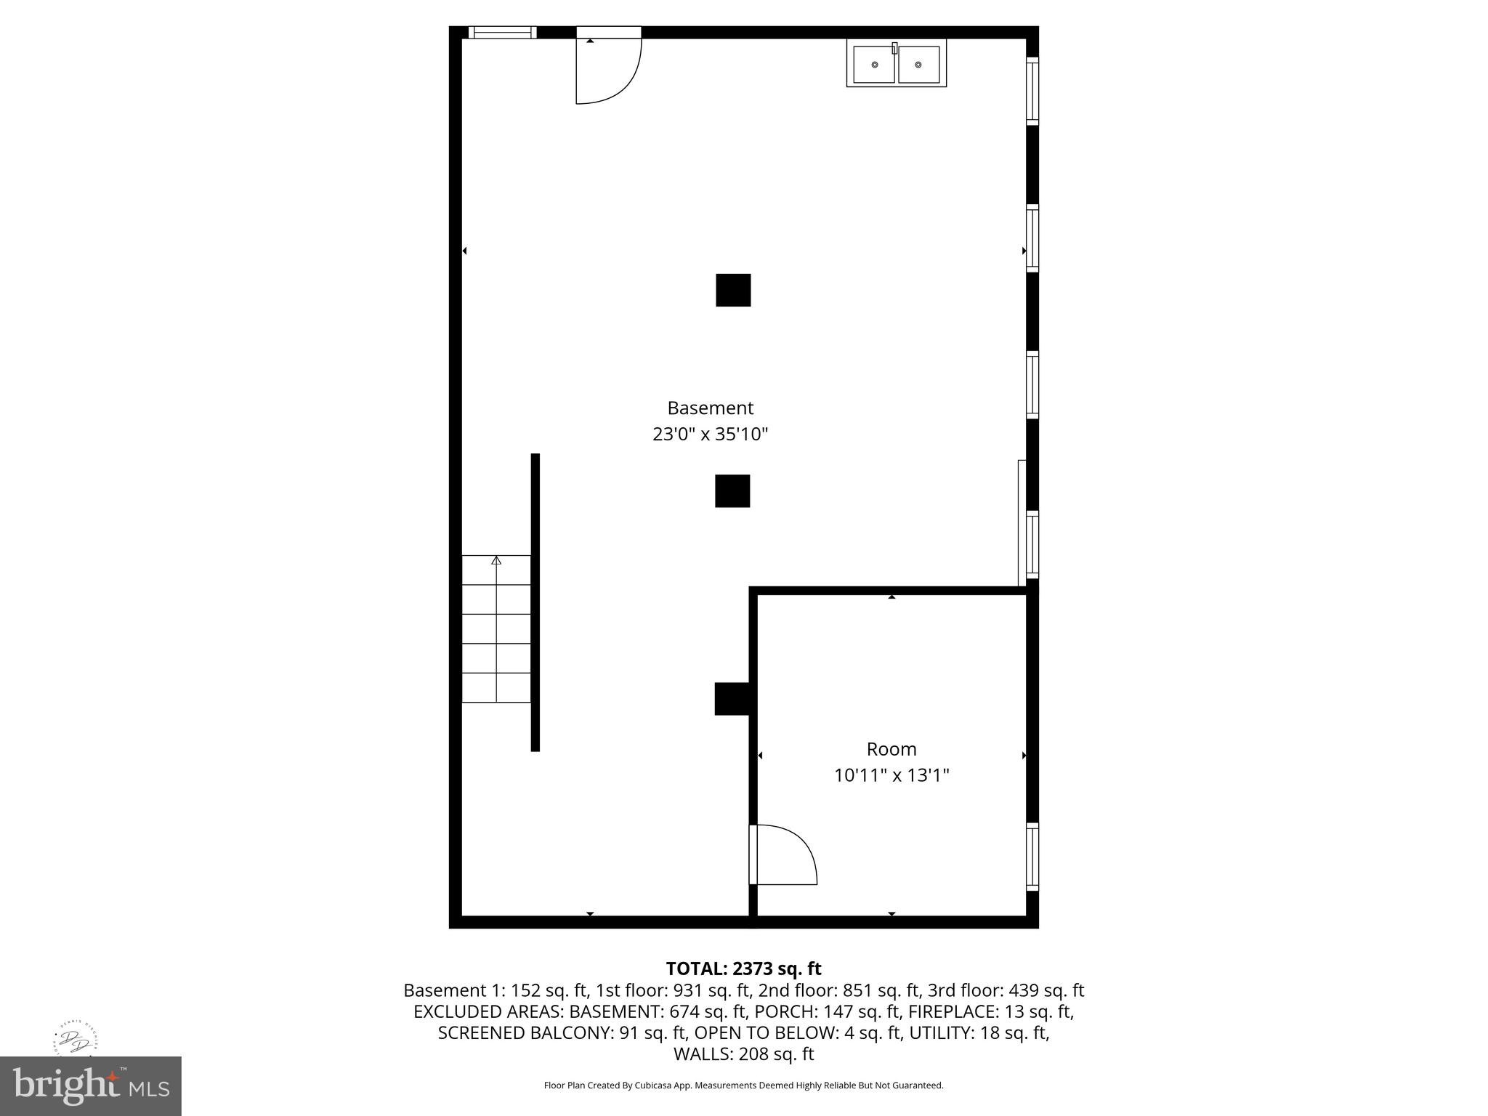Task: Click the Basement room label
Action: coord(710,408)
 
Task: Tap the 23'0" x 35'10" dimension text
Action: coord(710,434)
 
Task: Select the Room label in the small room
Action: coord(891,749)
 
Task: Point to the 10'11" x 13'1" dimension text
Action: coord(891,776)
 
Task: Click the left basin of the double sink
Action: coord(874,65)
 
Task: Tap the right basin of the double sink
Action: coord(918,65)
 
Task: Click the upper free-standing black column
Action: coord(733,290)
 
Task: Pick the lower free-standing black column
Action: coord(732,491)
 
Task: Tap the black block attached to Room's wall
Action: coord(732,699)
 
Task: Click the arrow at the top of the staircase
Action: coord(496,560)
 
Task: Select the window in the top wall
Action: coord(502,32)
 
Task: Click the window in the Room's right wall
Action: coord(1032,857)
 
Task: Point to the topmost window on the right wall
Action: coord(1032,91)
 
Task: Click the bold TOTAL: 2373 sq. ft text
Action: coord(743,969)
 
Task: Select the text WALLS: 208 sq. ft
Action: coord(743,1054)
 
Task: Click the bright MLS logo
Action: coord(91,1086)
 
